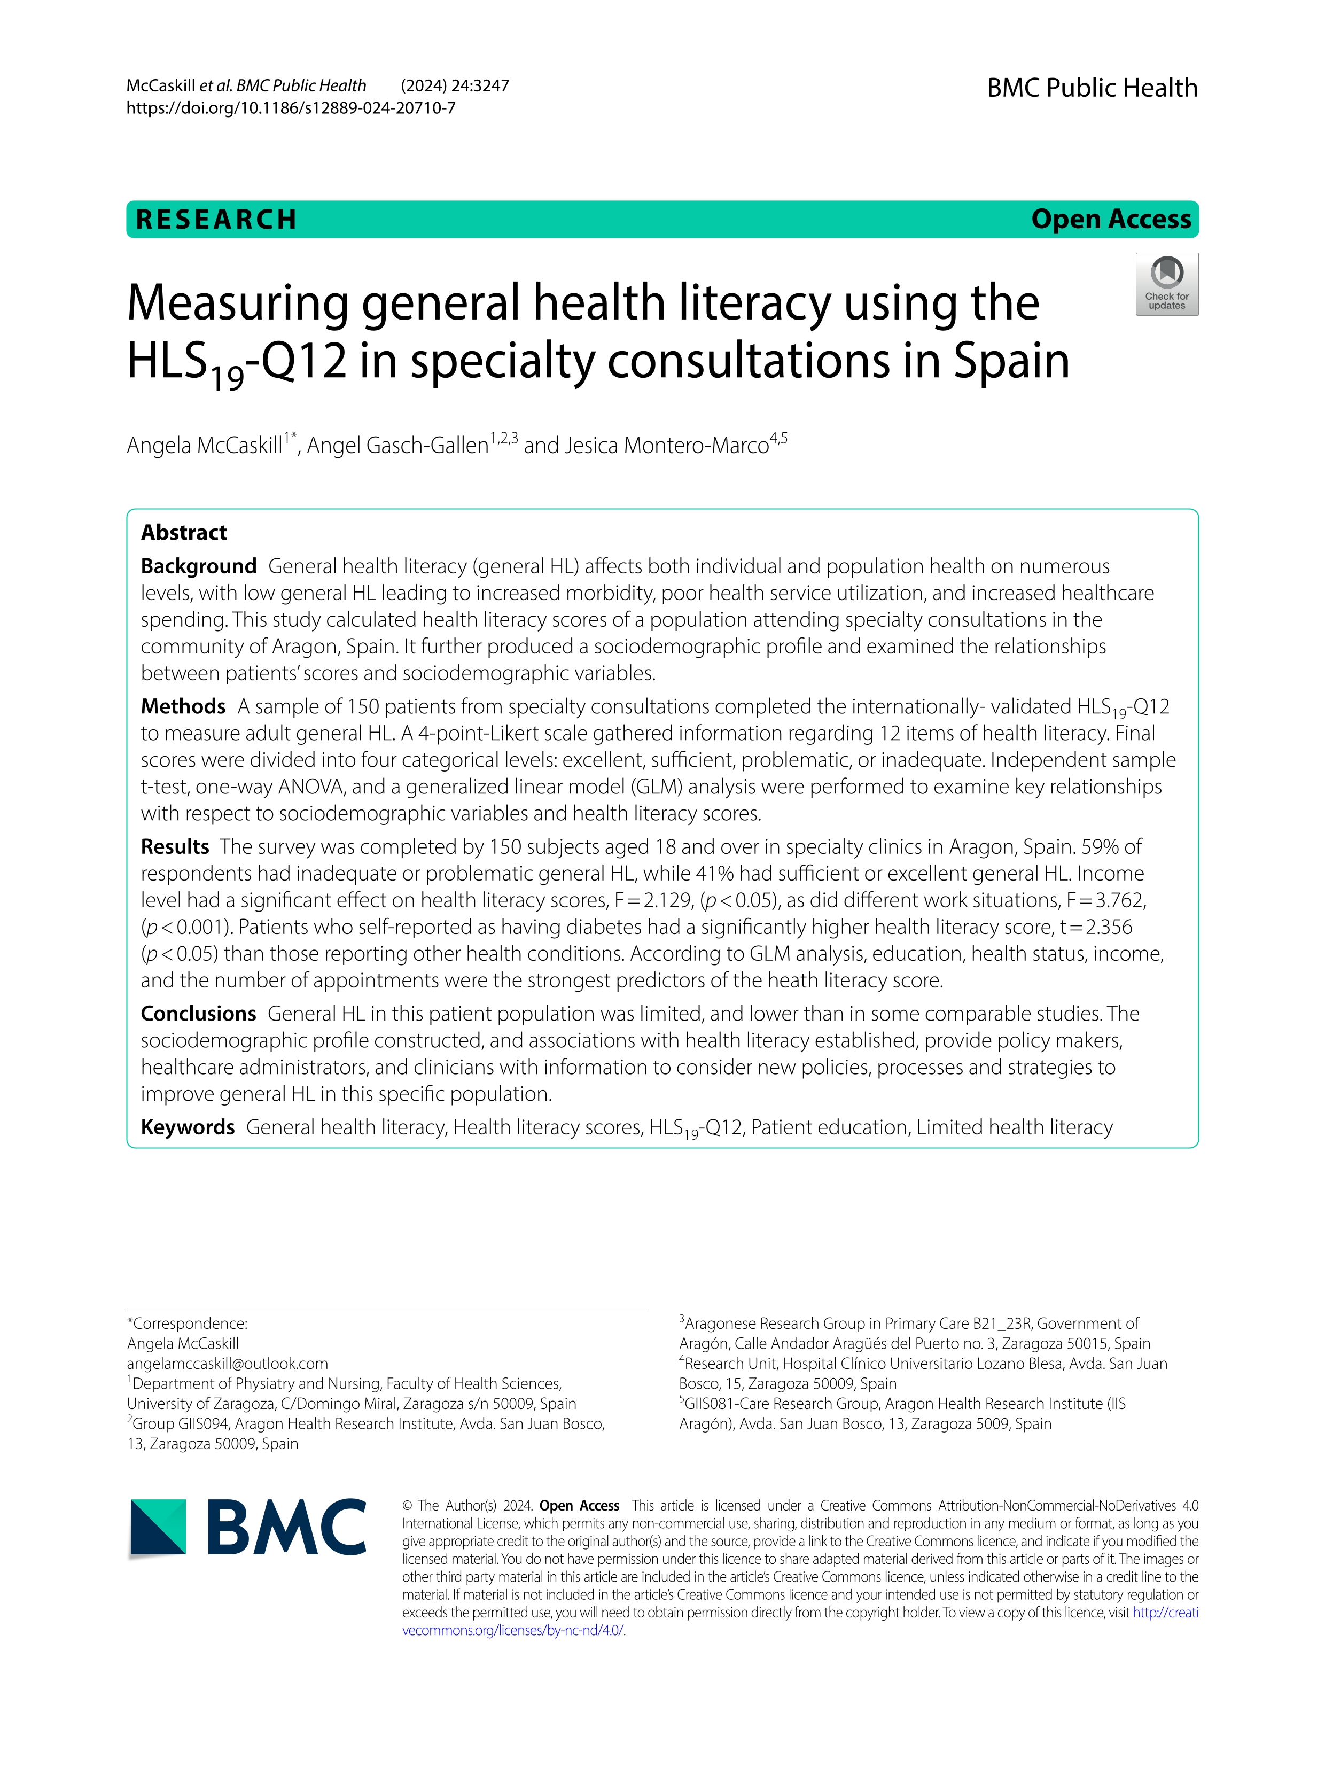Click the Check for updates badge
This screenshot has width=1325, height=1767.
(1166, 284)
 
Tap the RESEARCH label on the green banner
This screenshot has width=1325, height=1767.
(216, 219)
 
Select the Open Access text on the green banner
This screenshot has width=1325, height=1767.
(1110, 219)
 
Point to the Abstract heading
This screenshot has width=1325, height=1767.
(184, 532)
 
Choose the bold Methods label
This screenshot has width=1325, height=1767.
(183, 706)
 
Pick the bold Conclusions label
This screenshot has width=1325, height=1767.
(198, 1013)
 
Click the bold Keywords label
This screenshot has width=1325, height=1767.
(188, 1126)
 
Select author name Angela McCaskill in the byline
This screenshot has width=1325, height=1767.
(205, 445)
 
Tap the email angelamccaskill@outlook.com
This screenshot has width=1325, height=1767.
(228, 1363)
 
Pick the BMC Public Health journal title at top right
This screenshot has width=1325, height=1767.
(1092, 87)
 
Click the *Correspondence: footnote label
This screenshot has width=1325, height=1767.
(187, 1323)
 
